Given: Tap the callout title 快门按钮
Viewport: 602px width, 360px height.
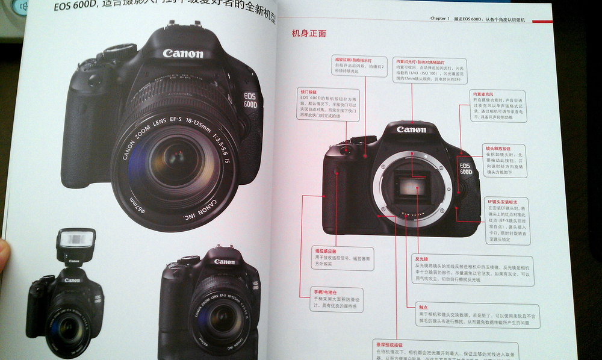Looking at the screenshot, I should [308, 92].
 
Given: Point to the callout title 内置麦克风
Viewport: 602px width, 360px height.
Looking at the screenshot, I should [483, 95].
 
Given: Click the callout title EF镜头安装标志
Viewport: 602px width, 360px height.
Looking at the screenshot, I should [499, 201].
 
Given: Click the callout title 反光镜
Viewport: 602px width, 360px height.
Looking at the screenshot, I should [421, 259].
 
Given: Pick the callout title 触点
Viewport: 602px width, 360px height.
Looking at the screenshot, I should [424, 306].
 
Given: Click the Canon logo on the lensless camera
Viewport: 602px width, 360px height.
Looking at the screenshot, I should [411, 129].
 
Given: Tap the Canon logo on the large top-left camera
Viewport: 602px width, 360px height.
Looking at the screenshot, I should [182, 54].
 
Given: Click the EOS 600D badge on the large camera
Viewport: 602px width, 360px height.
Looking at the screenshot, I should [250, 100].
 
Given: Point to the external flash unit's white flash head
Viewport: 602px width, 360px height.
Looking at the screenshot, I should [75, 240].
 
